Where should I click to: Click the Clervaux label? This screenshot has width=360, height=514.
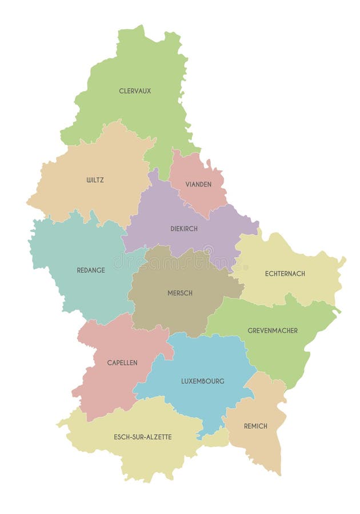tap(135, 91)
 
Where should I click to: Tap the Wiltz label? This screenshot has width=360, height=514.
tap(95, 180)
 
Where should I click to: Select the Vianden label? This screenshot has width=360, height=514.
tap(198, 184)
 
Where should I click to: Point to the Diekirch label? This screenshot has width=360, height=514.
tap(184, 228)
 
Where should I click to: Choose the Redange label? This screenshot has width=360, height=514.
tap(91, 270)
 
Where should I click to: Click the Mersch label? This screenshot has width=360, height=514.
tap(179, 293)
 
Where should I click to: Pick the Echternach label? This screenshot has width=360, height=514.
tap(285, 274)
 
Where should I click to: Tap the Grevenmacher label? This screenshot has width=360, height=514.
tap(273, 331)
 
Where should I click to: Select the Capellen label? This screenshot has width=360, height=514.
tap(122, 363)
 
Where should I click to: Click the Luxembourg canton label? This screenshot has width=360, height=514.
tap(203, 381)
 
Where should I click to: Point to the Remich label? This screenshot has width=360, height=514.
tap(255, 426)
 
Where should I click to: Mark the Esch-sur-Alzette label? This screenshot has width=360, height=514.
tap(143, 437)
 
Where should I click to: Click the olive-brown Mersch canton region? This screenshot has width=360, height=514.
tap(171, 314)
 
